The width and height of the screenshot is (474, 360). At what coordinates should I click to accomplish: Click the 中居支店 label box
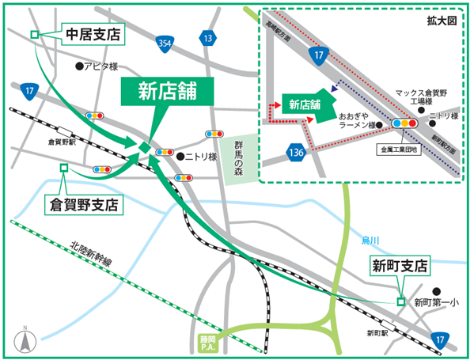[x=93, y=35]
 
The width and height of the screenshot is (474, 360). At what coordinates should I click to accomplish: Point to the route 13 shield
[x=207, y=39]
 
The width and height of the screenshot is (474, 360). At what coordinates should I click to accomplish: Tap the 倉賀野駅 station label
[x=61, y=142]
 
